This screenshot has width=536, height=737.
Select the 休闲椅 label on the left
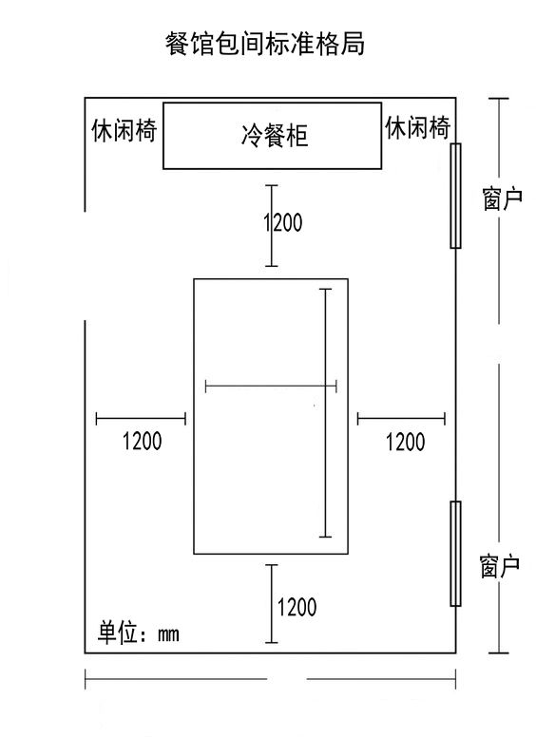coord(124,130)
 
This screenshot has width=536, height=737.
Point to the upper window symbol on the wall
coord(455,196)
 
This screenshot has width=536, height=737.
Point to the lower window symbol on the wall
coord(455,554)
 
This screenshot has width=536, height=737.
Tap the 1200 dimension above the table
coord(282,223)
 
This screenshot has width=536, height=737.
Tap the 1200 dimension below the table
coord(297,606)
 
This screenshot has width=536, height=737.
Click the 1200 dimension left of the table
coord(142,441)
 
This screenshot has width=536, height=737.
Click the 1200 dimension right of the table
coord(405,441)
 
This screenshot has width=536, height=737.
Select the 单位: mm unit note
coord(139,633)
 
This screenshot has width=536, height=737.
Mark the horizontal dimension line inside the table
coord(271,386)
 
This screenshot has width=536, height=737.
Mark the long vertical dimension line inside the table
coord(326,413)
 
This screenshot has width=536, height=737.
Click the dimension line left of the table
coord(141,417)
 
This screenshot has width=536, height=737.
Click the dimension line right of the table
coord(401,417)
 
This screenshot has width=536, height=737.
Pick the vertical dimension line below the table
coord(272,604)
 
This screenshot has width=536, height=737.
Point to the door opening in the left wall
coord(86,266)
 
